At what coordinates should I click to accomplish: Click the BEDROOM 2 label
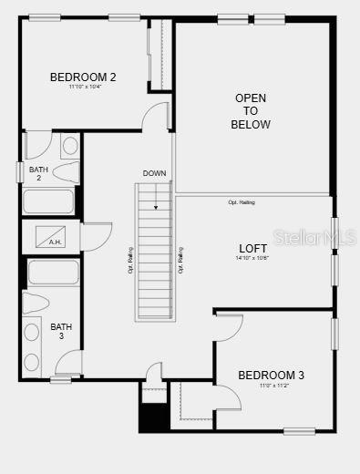point(83,77)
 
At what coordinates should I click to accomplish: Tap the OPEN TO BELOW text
point(251,110)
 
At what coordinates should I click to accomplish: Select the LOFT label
point(252,248)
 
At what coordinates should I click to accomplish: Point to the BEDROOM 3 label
point(271,375)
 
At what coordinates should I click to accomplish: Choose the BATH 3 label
point(61,331)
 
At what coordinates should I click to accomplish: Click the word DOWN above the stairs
point(154,173)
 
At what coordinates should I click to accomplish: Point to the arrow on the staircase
point(155,196)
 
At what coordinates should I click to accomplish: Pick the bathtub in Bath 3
point(53,273)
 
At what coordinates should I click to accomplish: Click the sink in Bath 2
point(70,146)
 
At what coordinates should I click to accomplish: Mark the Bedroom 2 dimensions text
point(83,88)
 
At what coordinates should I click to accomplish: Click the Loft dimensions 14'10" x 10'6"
point(252,258)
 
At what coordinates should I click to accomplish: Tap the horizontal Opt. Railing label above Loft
point(242,202)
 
